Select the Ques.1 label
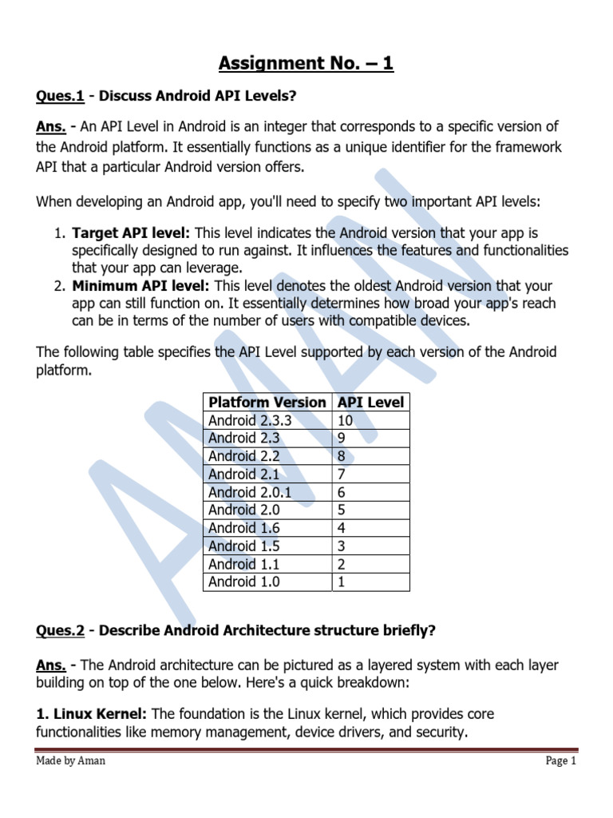tap(60, 97)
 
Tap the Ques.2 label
tap(60, 630)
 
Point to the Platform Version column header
tap(267, 402)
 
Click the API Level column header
tap(370, 402)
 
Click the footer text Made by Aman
tap(70, 760)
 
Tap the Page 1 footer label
tap(560, 760)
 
